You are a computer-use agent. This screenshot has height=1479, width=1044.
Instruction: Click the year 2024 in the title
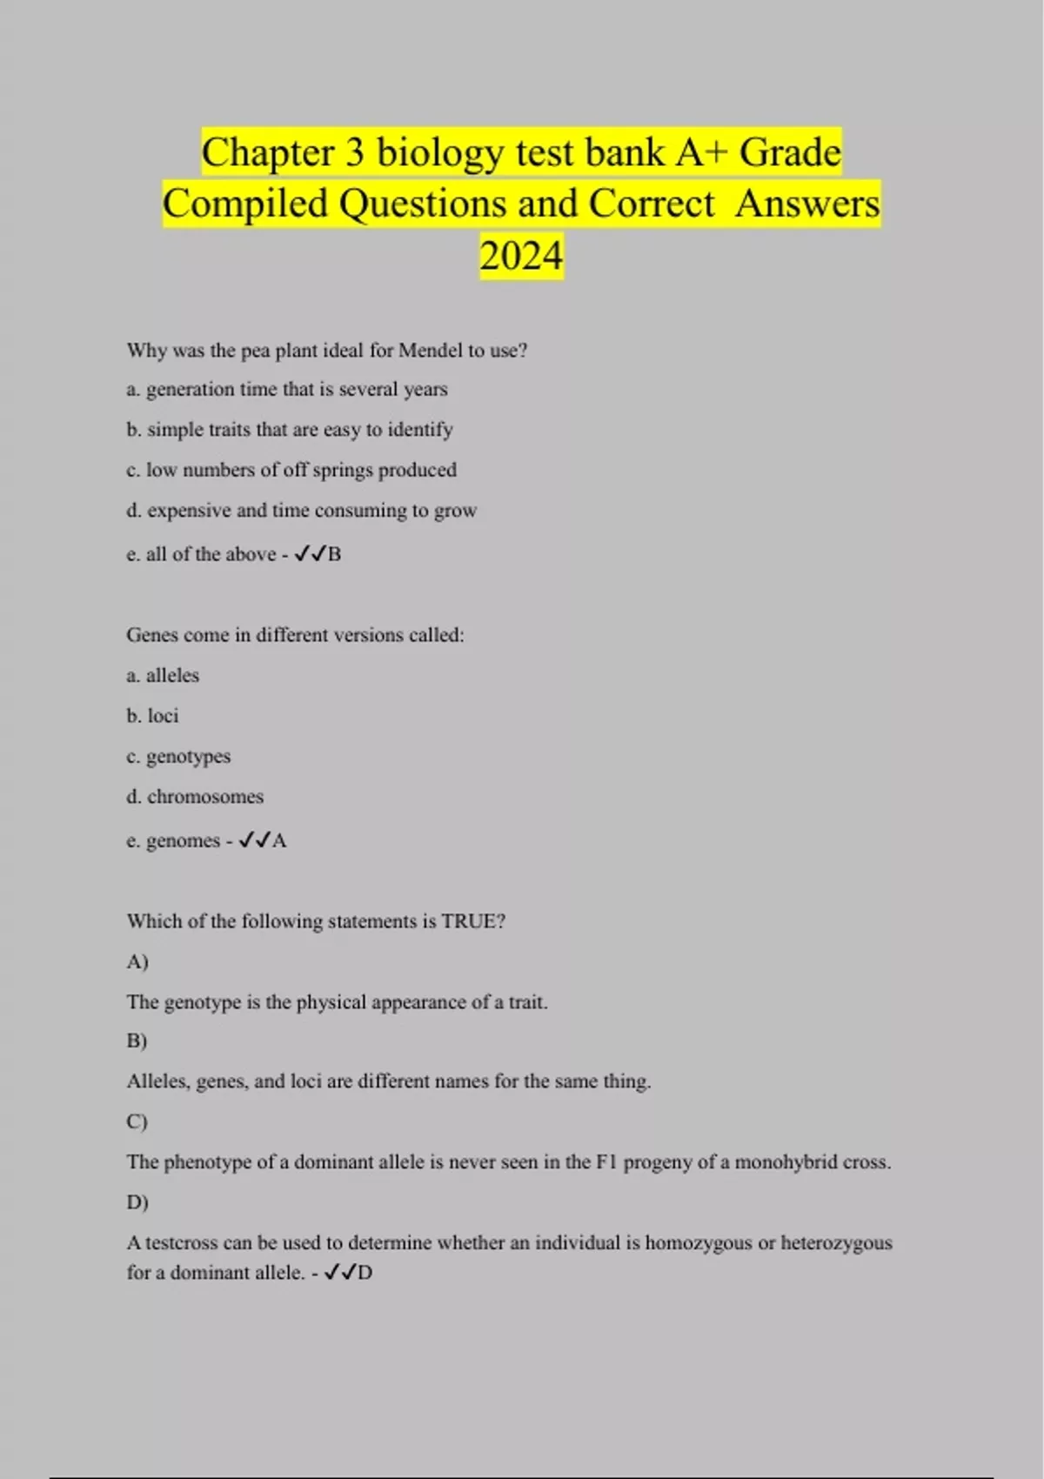click(x=521, y=256)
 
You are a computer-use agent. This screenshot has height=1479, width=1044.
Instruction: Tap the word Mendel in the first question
click(x=430, y=351)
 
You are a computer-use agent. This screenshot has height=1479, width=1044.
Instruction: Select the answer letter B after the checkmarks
click(x=335, y=554)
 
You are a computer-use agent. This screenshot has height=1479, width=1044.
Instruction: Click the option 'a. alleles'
click(x=163, y=675)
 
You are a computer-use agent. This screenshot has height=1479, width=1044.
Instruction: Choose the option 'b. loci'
click(x=152, y=716)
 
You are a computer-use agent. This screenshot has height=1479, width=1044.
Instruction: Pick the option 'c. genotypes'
click(x=178, y=757)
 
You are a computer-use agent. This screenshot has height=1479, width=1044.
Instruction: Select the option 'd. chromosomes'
click(x=195, y=797)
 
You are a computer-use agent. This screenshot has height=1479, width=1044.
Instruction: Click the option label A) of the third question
click(x=137, y=961)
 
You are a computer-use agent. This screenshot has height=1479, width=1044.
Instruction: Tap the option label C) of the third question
click(x=137, y=1121)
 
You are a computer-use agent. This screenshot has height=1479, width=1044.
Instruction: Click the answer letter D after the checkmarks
click(x=365, y=1273)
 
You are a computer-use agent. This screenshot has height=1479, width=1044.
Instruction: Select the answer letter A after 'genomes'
click(x=279, y=841)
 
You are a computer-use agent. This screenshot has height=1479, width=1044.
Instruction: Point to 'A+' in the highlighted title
click(x=701, y=153)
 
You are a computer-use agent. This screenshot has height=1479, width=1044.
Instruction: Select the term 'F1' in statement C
click(x=606, y=1162)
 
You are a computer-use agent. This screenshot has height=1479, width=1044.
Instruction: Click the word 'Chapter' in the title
click(x=268, y=153)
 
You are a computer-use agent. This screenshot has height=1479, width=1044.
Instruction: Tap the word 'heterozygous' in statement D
click(x=836, y=1243)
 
